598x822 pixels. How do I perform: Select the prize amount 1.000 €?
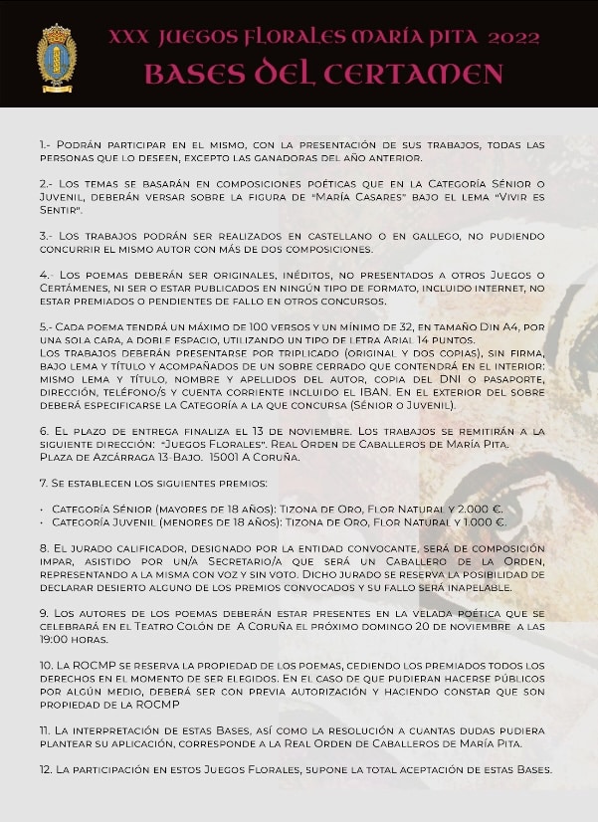(x=484, y=521)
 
